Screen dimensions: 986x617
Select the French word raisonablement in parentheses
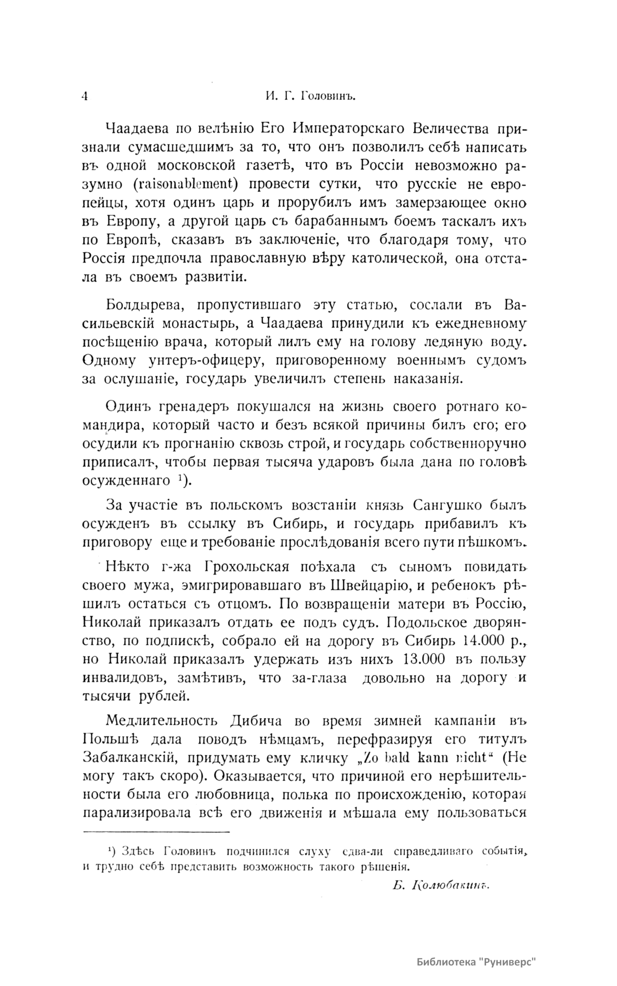181,183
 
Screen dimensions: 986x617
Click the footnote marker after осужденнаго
183,480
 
